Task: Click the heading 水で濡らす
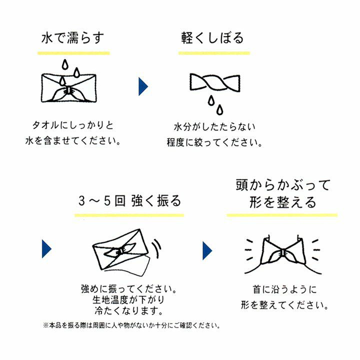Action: [x=72, y=38]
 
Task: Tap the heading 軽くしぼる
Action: [x=212, y=38]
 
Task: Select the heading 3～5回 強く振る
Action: [x=129, y=200]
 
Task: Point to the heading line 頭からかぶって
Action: [x=283, y=185]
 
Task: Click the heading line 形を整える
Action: [x=283, y=202]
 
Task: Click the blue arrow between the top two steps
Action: [x=143, y=86]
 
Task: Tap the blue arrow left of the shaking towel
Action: [x=46, y=249]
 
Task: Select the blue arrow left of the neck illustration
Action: [x=207, y=250]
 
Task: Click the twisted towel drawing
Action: [x=215, y=82]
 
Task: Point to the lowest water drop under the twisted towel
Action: [x=219, y=109]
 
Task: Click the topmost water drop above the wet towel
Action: [x=65, y=64]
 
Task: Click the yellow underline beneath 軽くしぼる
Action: [x=214, y=53]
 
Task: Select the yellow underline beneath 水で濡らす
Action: [x=73, y=53]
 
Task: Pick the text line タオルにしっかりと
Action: [x=73, y=125]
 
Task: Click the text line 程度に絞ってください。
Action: [x=214, y=142]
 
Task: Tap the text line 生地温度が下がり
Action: [x=128, y=300]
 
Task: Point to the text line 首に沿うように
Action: [x=284, y=289]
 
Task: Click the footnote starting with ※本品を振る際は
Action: [x=131, y=325]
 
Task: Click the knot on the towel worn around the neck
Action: [x=283, y=253]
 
